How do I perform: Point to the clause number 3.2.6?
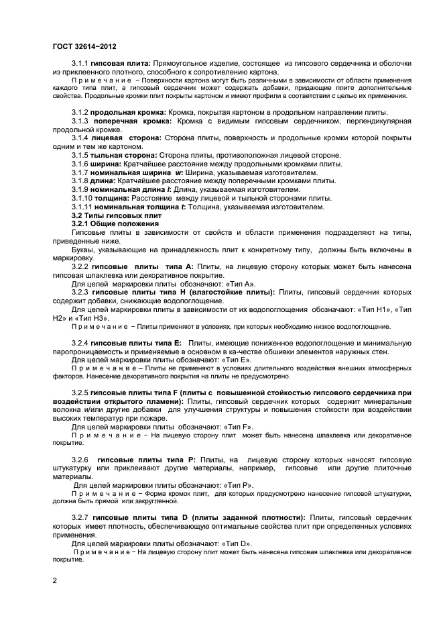coord(81,460)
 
